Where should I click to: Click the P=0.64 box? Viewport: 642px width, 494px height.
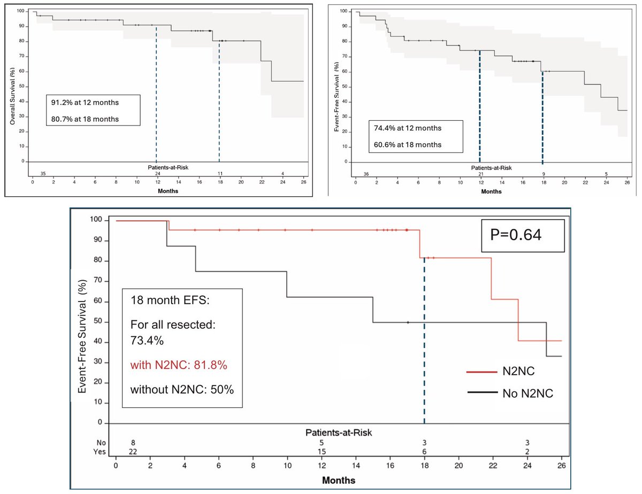[x=523, y=234]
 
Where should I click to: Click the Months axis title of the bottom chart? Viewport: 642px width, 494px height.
[x=339, y=480]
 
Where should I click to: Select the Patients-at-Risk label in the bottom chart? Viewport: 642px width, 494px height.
[x=339, y=431]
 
